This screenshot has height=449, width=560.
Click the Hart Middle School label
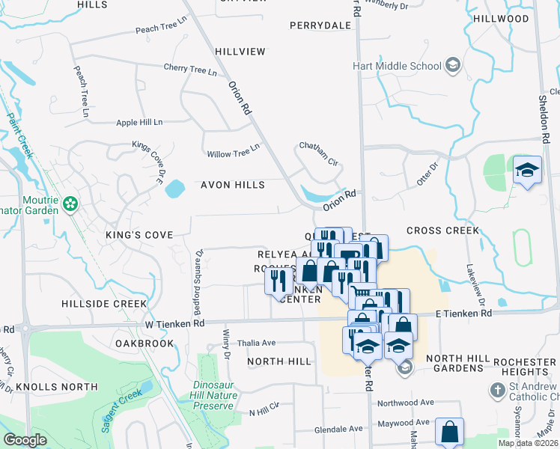click(397, 66)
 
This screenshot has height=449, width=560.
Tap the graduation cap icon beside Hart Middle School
click(452, 66)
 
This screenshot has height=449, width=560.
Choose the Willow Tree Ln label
click(233, 154)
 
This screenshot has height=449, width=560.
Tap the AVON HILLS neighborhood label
click(232, 185)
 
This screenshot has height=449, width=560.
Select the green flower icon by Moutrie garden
click(70, 203)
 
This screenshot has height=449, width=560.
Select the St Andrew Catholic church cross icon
click(497, 390)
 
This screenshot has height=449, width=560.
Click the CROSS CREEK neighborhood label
click(442, 230)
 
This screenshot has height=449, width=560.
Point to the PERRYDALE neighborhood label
click(320, 25)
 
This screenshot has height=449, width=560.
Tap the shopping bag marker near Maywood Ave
click(448, 432)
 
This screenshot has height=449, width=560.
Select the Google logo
click(25, 440)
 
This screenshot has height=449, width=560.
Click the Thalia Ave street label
click(257, 343)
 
